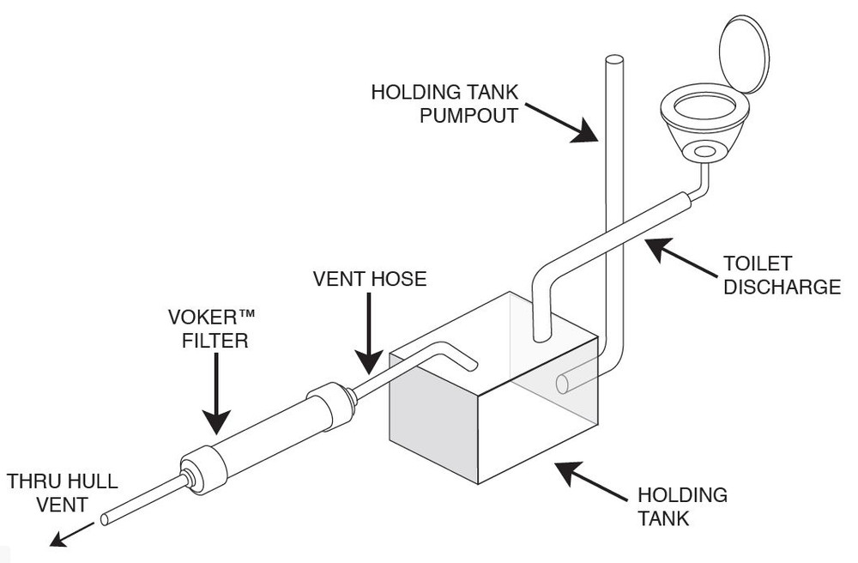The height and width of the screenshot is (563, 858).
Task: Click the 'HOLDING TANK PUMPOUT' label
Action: (444, 102)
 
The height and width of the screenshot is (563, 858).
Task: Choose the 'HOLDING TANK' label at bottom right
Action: (682, 506)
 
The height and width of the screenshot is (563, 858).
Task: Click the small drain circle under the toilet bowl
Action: (705, 153)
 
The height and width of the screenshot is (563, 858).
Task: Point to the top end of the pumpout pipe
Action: (613, 60)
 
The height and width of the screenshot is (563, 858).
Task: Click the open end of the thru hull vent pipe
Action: (105, 518)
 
